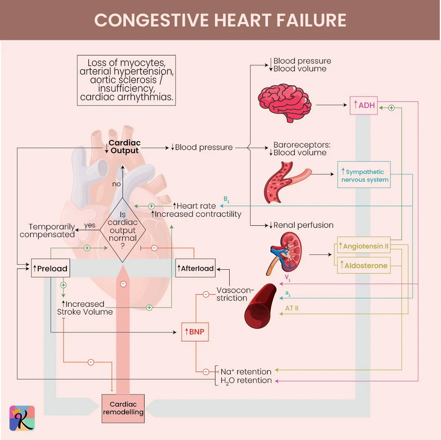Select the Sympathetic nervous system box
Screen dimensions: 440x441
click(x=364, y=176)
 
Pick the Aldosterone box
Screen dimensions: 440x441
click(x=364, y=266)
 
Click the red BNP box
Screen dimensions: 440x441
click(x=196, y=332)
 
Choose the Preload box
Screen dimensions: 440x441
click(x=49, y=268)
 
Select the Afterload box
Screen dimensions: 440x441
click(x=195, y=268)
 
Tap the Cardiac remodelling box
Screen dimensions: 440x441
click(x=123, y=408)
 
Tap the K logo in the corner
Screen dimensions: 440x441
click(x=22, y=418)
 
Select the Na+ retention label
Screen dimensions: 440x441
click(x=246, y=372)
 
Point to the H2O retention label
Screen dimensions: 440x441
click(x=246, y=381)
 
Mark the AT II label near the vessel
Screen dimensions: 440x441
click(x=292, y=308)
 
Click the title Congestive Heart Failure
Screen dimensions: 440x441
click(x=220, y=20)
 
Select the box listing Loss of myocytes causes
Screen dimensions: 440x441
click(x=126, y=80)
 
